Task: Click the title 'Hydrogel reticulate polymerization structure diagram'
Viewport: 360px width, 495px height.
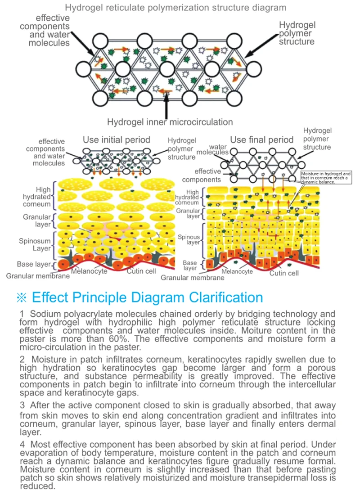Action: tap(175, 8)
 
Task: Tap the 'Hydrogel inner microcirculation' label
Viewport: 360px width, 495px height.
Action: tap(170, 121)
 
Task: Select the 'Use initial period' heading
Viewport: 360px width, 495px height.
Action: tap(116, 139)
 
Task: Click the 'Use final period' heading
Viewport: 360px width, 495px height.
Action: tap(261, 139)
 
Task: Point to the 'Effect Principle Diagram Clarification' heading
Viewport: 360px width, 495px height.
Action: tap(148, 297)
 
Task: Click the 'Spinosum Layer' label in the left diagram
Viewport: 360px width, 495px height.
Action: tap(35, 245)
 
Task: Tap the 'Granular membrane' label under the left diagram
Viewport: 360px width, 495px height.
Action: tap(38, 275)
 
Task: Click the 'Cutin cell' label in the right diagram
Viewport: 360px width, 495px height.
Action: tap(284, 273)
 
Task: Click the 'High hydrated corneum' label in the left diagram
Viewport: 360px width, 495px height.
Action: tap(37, 197)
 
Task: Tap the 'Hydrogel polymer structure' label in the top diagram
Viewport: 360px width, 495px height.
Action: tap(297, 34)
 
